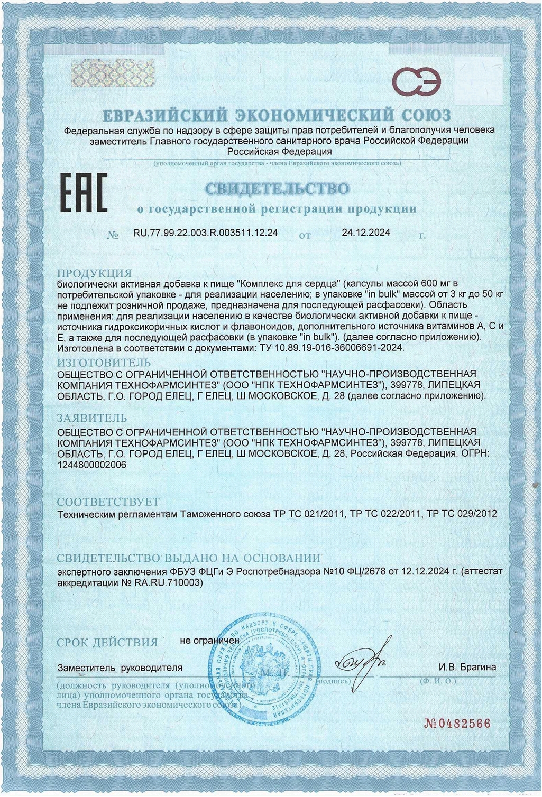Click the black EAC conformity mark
click(x=82, y=193)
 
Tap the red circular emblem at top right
click(x=417, y=81)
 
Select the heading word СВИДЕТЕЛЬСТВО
click(x=277, y=189)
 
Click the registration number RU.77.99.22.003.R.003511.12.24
click(x=206, y=233)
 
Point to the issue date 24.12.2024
click(x=366, y=233)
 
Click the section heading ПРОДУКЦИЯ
click(x=94, y=273)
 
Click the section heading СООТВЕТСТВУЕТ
click(x=108, y=502)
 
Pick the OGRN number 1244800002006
click(x=91, y=465)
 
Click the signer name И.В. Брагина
click(x=467, y=667)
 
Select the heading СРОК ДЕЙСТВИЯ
click(x=107, y=643)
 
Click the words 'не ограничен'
click(x=209, y=640)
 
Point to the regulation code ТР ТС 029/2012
click(x=462, y=513)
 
